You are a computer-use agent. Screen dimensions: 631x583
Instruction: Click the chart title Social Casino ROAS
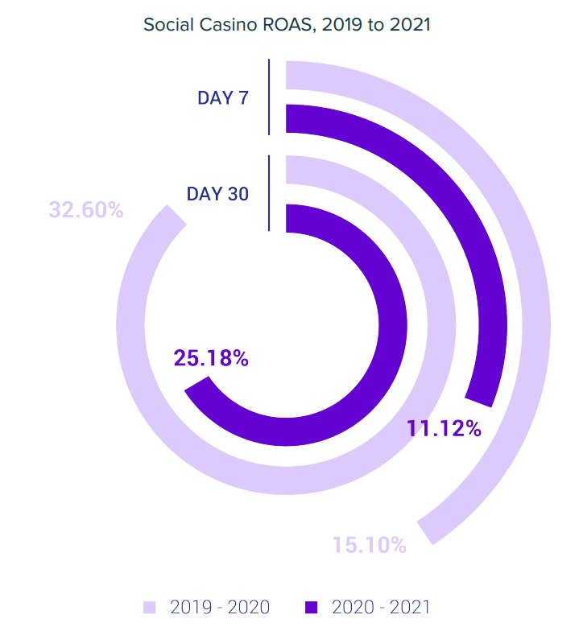(287, 25)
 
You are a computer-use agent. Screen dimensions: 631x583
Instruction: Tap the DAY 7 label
(223, 98)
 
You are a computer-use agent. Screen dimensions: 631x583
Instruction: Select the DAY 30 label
(217, 194)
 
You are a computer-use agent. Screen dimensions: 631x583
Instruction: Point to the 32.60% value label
(86, 211)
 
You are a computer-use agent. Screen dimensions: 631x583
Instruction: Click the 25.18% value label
(211, 358)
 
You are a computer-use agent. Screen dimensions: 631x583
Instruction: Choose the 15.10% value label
(370, 545)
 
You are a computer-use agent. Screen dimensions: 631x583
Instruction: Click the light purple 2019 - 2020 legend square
(149, 607)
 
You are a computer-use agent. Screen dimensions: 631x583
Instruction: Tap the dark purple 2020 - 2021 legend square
(312, 607)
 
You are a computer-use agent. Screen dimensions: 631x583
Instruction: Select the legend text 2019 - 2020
(220, 607)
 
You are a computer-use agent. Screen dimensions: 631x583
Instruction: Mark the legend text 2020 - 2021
(382, 607)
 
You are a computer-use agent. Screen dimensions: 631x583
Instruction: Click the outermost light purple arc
(538, 322)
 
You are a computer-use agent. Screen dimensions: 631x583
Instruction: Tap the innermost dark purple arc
(392, 322)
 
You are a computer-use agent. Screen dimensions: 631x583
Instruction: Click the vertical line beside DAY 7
(270, 97)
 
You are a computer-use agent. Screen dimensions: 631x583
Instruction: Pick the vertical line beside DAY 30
(270, 193)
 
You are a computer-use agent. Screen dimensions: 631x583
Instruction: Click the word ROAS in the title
(289, 25)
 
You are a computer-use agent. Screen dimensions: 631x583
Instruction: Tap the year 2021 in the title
(411, 25)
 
